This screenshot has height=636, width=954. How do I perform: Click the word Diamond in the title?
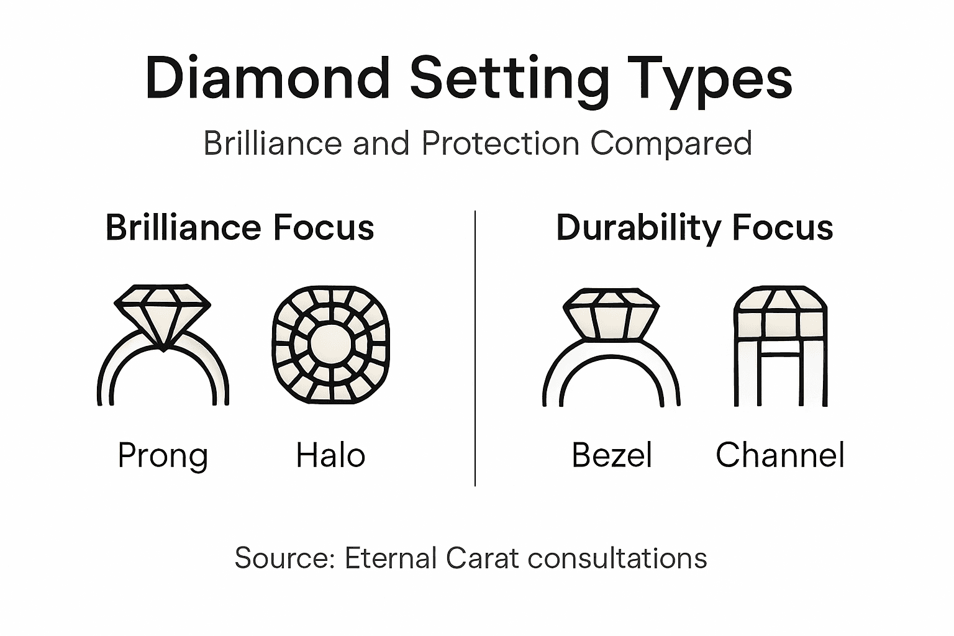coord(267,78)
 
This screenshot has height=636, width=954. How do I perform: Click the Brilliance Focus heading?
coord(240,227)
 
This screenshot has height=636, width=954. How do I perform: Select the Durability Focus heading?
coord(694,227)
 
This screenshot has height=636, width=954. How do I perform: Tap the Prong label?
coord(163,457)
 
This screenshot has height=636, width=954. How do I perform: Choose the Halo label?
coord(330,455)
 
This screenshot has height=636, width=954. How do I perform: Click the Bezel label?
coord(612,455)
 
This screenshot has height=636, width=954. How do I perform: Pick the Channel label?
coord(779,455)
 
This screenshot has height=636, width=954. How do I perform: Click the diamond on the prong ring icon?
coord(163,311)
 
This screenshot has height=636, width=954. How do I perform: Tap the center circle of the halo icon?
coord(330,345)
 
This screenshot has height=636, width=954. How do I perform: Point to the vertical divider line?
coord(475,348)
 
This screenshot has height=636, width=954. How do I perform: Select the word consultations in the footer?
coord(617,558)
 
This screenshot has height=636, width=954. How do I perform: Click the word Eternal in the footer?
coord(391,558)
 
